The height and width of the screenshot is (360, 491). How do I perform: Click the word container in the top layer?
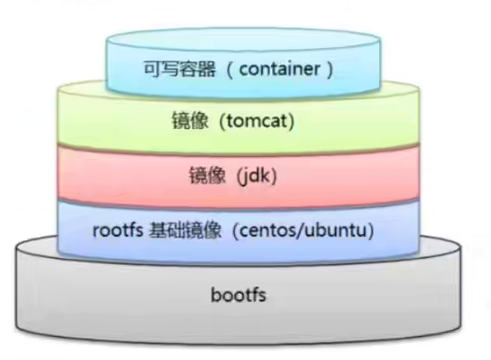(279, 69)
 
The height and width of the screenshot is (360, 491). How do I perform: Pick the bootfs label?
(245, 294)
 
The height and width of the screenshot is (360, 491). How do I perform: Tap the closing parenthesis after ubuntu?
(371, 231)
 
